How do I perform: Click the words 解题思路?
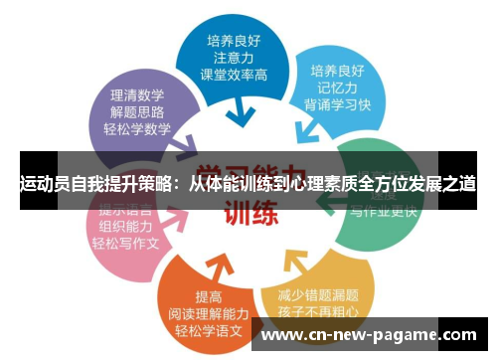point(137,110)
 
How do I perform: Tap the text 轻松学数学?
point(137,128)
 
